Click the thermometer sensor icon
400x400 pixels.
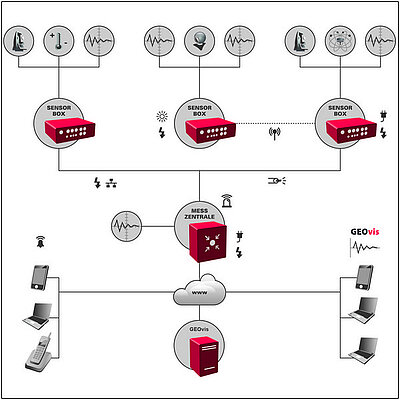[59, 41]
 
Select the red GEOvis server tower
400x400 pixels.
[204, 356]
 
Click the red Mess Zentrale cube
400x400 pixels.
[208, 242]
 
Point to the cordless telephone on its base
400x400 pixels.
[39, 352]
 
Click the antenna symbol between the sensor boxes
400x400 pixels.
[275, 134]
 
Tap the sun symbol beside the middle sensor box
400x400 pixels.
[162, 117]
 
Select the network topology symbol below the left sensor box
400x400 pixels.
[111, 183]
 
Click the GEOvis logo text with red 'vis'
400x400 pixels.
[365, 232]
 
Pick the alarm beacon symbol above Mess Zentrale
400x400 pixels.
[227, 201]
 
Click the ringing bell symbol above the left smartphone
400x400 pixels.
[40, 242]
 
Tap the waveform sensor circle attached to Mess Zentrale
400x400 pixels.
[126, 226]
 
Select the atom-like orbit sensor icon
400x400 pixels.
[340, 41]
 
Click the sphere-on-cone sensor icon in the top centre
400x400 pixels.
[199, 41]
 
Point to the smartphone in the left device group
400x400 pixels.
[40, 277]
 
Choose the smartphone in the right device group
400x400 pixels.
[364, 277]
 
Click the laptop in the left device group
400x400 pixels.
[37, 316]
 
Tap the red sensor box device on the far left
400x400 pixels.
[70, 130]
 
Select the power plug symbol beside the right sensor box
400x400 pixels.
[383, 116]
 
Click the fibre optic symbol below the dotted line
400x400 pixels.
[277, 181]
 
